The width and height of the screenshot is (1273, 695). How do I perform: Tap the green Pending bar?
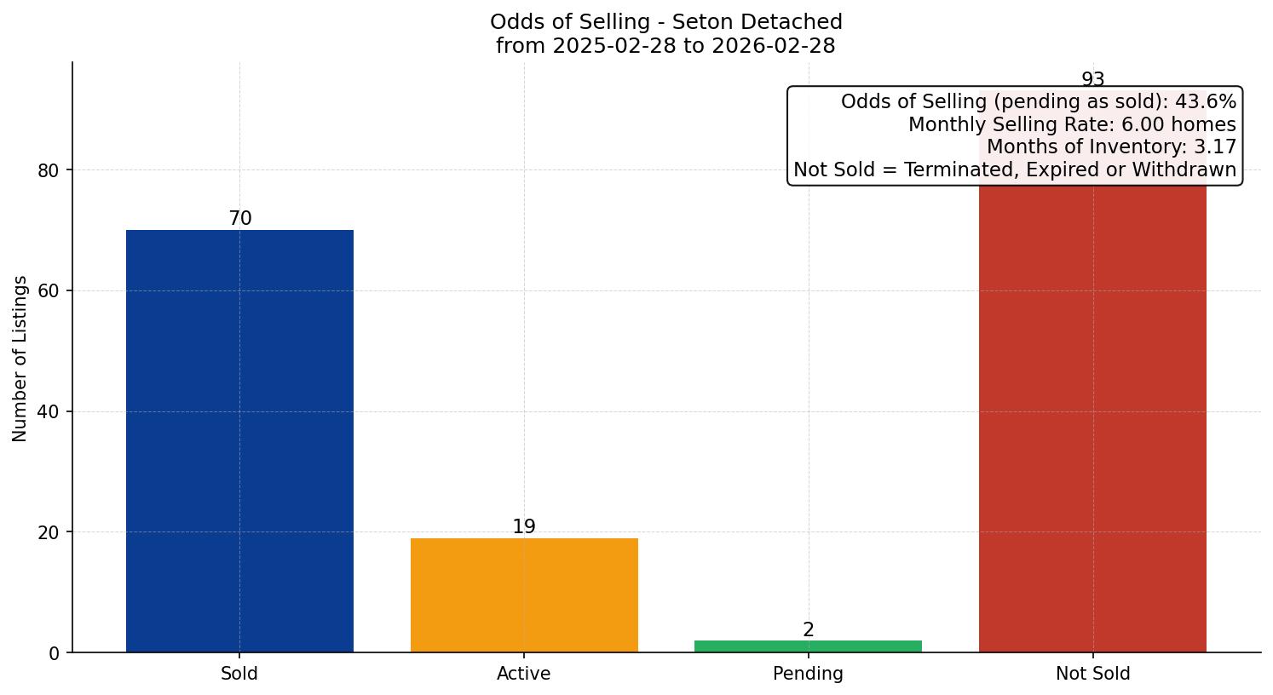click(x=808, y=646)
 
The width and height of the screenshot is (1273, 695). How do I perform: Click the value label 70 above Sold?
click(x=240, y=219)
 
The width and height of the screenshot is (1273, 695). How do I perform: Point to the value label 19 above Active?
click(x=524, y=527)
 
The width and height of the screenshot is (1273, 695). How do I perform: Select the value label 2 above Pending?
click(x=809, y=630)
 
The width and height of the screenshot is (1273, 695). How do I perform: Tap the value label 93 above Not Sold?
click(x=1092, y=80)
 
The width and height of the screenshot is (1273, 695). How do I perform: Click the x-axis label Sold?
click(x=239, y=674)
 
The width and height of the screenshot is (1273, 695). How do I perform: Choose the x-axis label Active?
click(x=524, y=674)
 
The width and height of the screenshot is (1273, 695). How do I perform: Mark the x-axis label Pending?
click(x=808, y=674)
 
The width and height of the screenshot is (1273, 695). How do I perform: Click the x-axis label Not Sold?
click(x=1092, y=674)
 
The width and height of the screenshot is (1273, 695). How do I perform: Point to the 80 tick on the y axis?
click(x=49, y=170)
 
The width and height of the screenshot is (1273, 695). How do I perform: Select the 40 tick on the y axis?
click(x=49, y=411)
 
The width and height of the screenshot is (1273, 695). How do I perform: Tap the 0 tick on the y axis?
click(x=55, y=653)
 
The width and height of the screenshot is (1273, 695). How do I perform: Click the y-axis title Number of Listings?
click(x=20, y=359)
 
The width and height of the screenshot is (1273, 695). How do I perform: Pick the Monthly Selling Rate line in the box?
click(x=1071, y=124)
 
